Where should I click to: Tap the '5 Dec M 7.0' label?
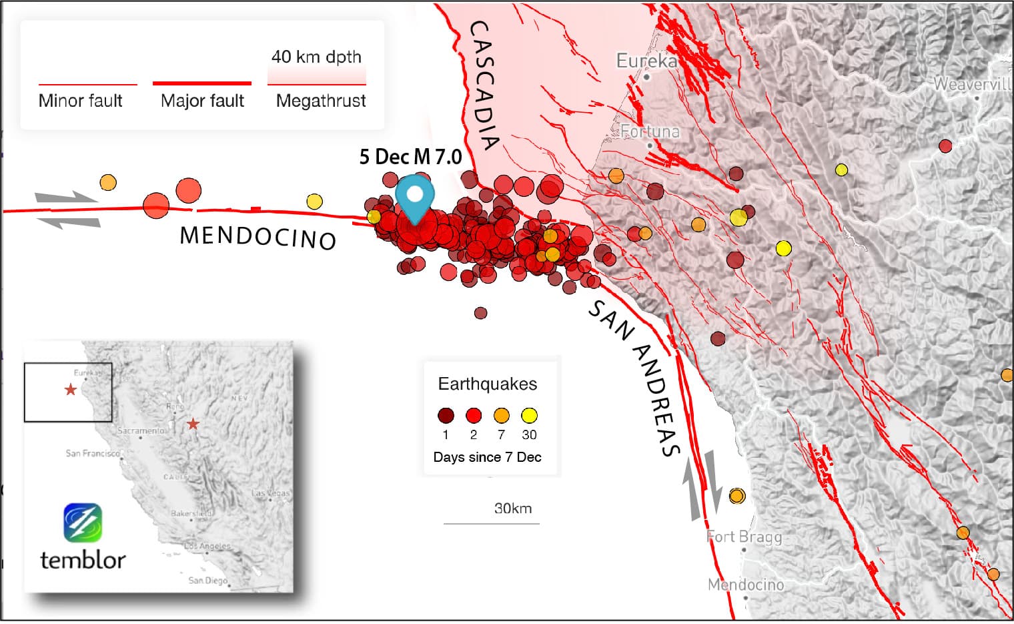click(x=410, y=157)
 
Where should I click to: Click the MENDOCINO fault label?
click(x=258, y=238)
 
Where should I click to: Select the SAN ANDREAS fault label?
click(x=634, y=377)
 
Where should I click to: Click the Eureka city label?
click(x=646, y=61)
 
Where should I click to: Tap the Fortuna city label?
click(x=650, y=131)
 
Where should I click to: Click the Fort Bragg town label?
click(x=744, y=537)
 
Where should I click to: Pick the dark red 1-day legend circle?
click(x=446, y=416)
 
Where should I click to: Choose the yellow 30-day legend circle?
click(x=529, y=416)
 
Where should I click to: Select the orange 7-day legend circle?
click(x=501, y=416)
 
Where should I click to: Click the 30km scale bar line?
click(x=491, y=523)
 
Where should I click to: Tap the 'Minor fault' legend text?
click(x=81, y=101)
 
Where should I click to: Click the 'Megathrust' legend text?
click(x=321, y=101)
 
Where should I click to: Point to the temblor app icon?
click(x=83, y=523)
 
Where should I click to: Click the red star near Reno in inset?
click(x=193, y=424)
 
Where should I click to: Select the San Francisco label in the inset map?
click(x=93, y=454)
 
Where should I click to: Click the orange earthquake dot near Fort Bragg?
click(x=736, y=496)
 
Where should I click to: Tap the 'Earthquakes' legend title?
click(x=487, y=384)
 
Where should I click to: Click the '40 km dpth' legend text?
click(x=316, y=57)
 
